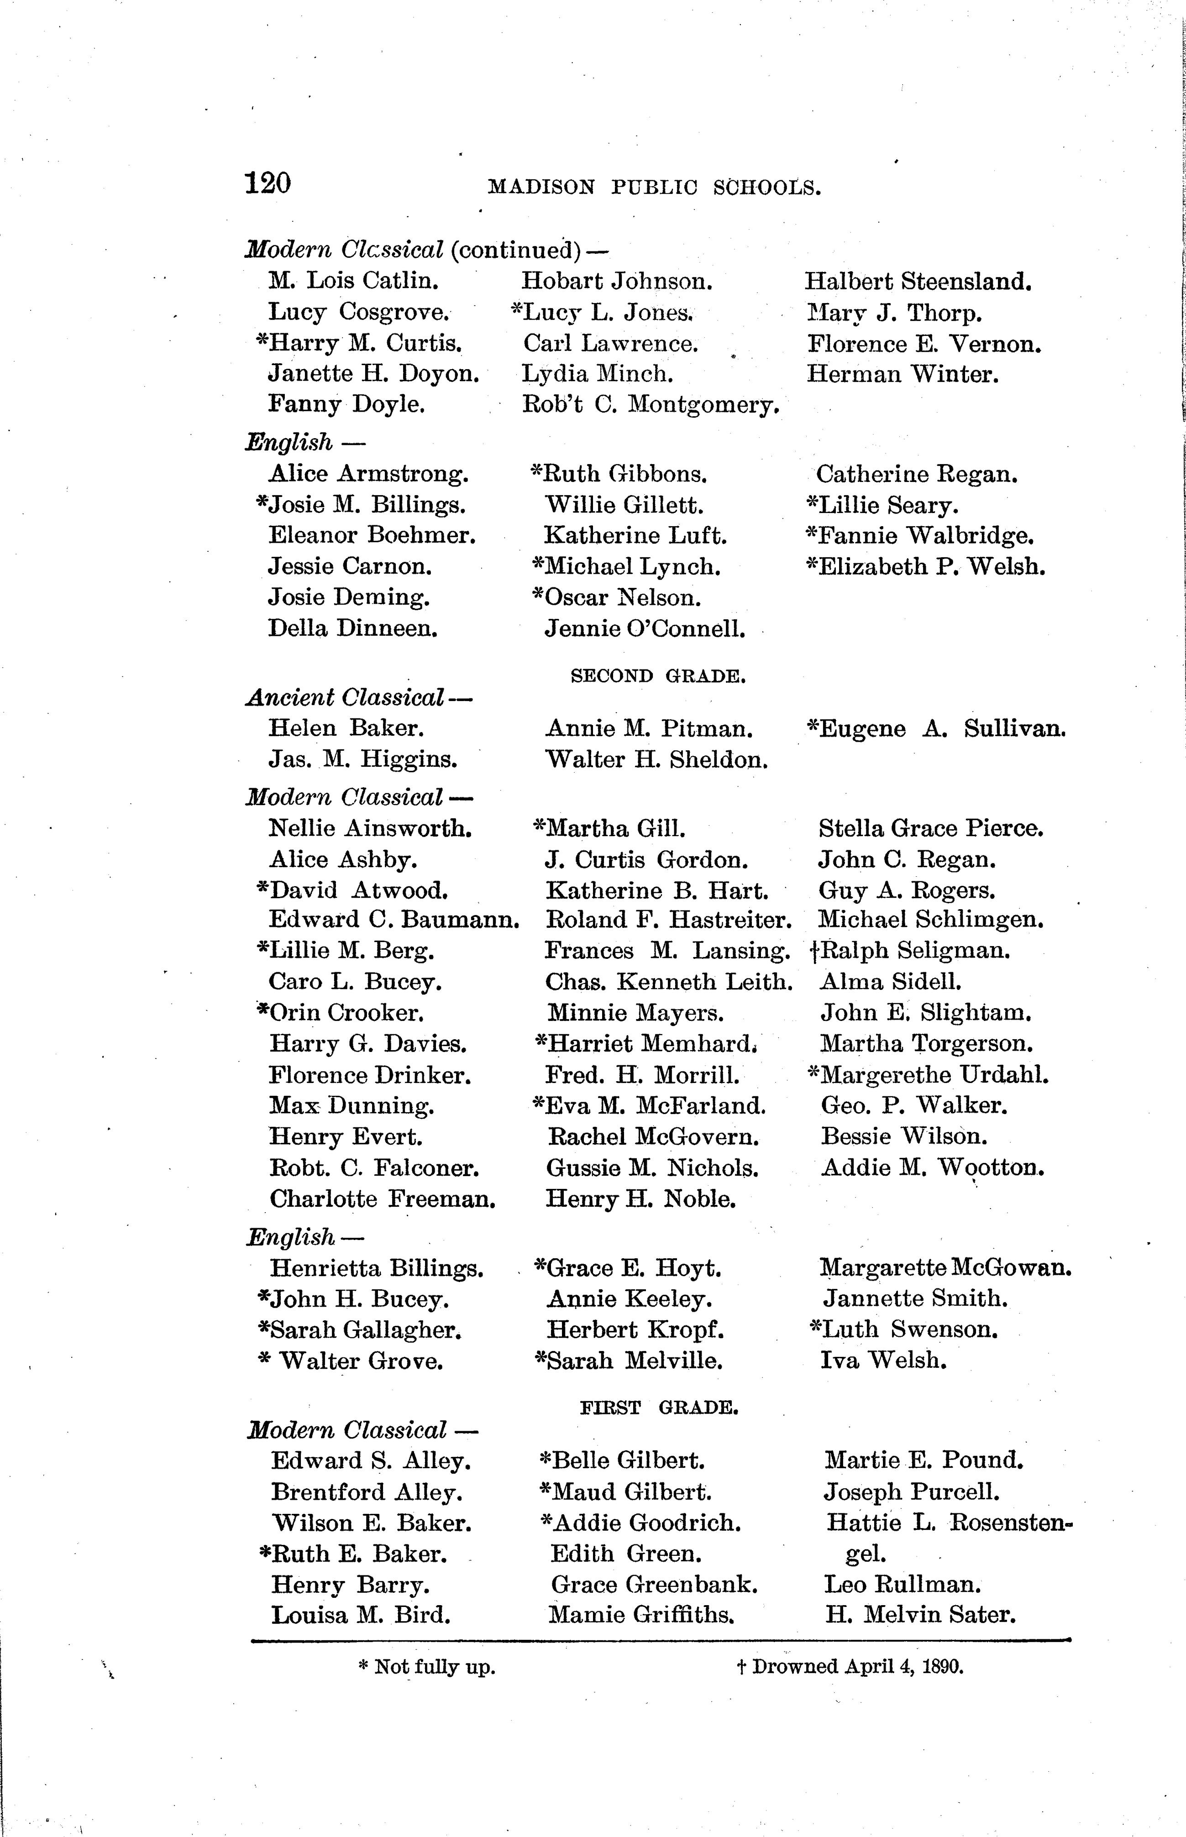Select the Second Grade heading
pos(658,676)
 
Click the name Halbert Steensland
pos(918,281)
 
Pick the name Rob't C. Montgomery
pos(651,404)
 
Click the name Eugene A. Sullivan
pos(936,728)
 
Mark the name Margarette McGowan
pos(946,1267)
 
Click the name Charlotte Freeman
pos(382,1199)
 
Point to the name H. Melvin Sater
pos(920,1614)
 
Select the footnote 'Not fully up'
pos(427,1668)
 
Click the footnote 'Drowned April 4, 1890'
pos(850,1667)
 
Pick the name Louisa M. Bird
pos(361,1614)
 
